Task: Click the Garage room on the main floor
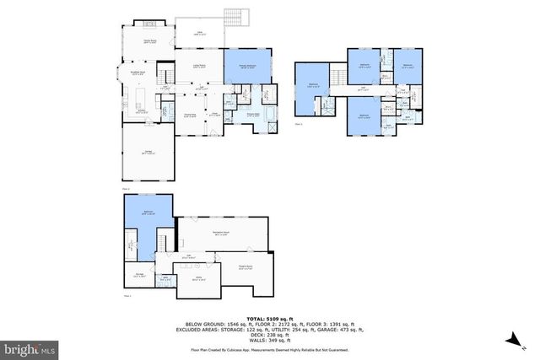pos(148,153)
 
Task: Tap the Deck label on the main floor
pos(199,34)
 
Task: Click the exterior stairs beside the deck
pos(234,17)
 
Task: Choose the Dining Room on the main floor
pos(191,115)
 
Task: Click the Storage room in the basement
pos(139,273)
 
